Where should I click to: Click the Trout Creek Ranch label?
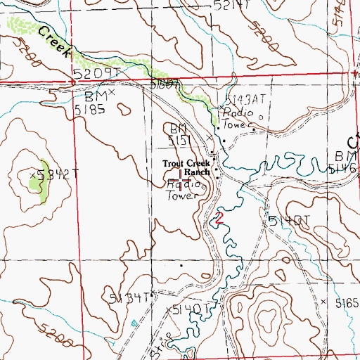(x=186, y=167)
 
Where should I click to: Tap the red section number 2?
(x=219, y=217)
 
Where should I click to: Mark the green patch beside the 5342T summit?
(x=34, y=186)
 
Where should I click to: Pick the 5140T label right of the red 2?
(x=289, y=221)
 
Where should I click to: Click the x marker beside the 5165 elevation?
(x=323, y=301)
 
